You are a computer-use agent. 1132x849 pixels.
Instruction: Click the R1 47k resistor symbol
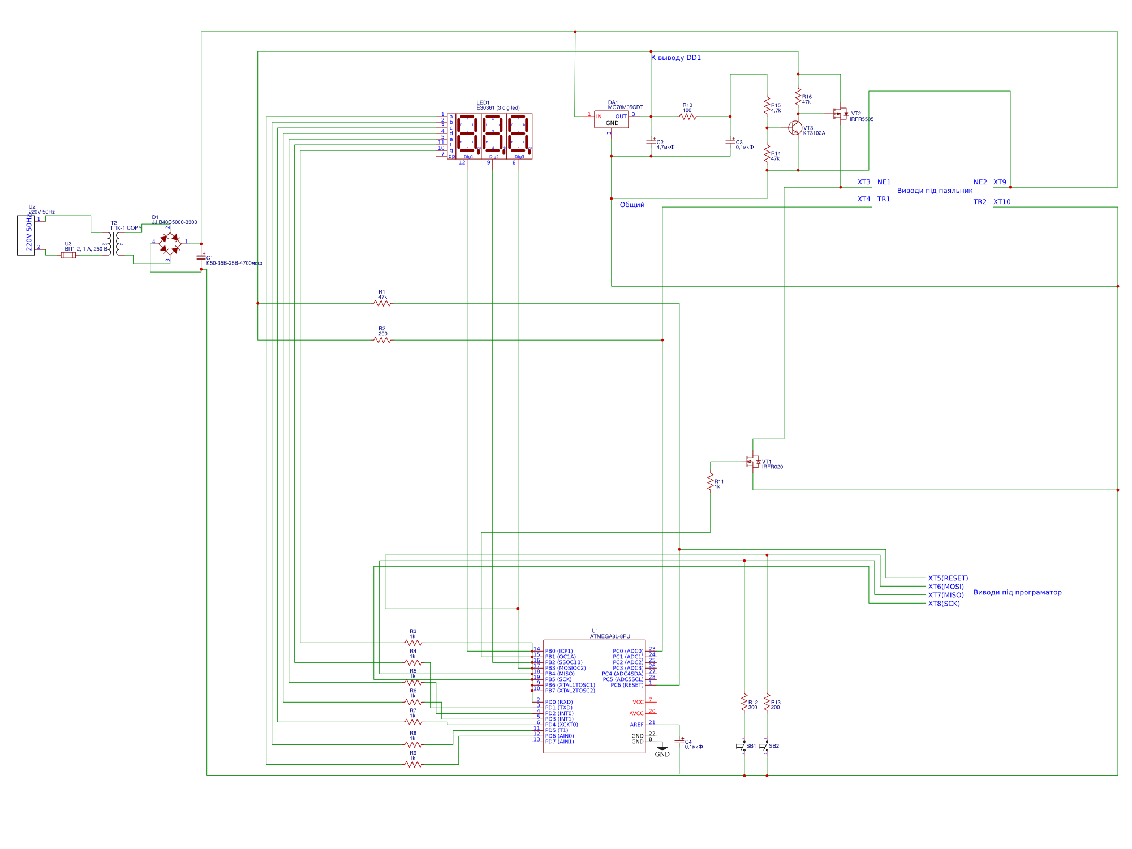(x=382, y=304)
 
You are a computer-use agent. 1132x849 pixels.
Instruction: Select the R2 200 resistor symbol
(x=382, y=341)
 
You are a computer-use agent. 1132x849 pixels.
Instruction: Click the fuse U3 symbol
(x=68, y=255)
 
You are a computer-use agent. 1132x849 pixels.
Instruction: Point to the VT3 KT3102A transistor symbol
(x=795, y=128)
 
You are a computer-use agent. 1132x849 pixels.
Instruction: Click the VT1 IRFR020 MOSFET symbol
(x=753, y=462)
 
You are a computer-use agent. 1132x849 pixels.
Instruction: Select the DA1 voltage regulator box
(x=611, y=119)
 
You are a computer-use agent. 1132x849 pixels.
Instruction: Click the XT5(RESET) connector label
(x=948, y=578)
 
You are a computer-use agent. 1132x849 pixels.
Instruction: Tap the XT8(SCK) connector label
(x=944, y=604)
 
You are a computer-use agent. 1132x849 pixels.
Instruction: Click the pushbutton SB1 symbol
(x=742, y=746)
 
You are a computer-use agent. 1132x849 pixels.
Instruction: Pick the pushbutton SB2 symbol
(x=765, y=746)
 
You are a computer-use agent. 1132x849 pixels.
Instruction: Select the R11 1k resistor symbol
(x=711, y=482)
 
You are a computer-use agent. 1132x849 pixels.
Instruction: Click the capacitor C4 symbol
(x=679, y=742)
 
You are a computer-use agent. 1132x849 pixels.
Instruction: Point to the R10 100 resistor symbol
(x=688, y=117)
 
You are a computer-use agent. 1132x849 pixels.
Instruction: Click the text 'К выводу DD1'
(x=676, y=58)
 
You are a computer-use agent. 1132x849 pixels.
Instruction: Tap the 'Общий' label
(x=632, y=205)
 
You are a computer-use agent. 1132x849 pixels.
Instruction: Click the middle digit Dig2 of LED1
(x=494, y=135)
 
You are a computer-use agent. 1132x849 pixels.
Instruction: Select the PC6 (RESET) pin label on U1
(x=627, y=685)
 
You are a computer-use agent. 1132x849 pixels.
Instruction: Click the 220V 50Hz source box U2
(x=26, y=235)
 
